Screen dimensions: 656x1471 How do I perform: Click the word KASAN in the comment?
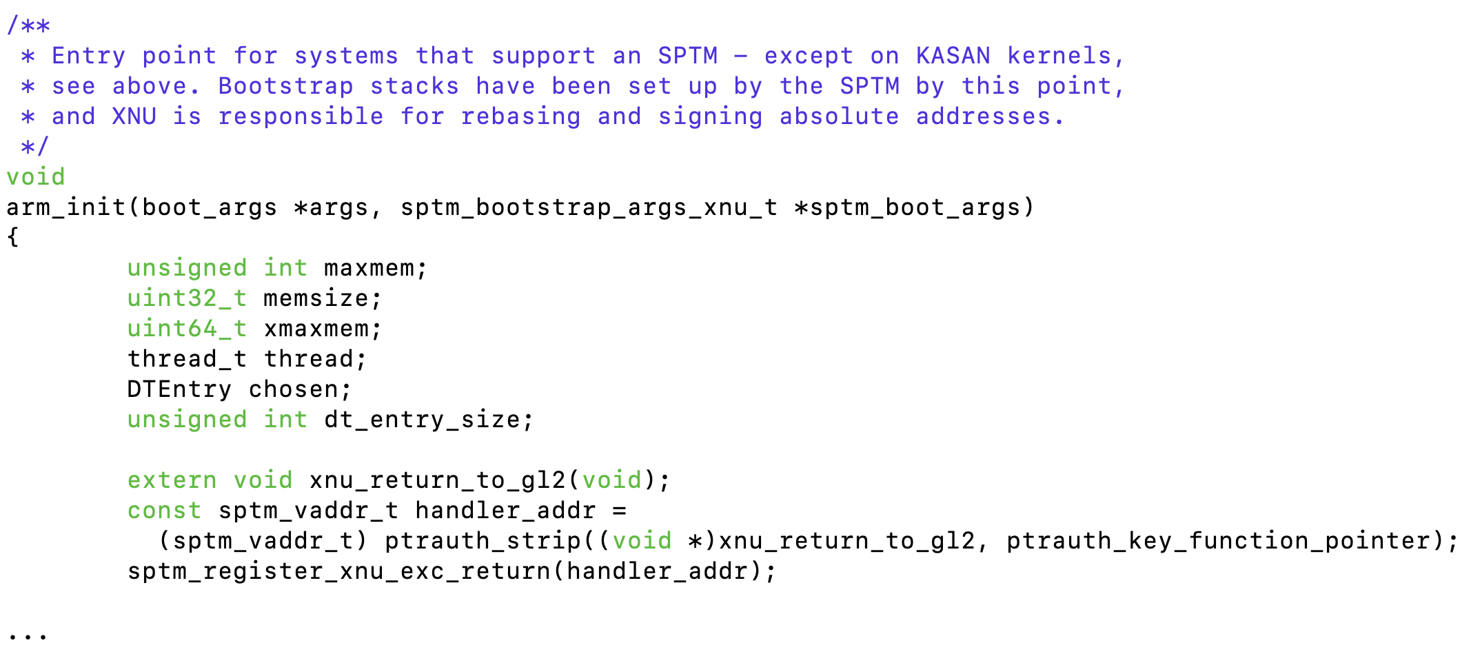click(x=953, y=56)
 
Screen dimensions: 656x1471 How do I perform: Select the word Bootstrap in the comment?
click(x=285, y=86)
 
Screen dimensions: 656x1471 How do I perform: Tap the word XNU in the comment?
click(x=134, y=116)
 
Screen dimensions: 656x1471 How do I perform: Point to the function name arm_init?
click(x=66, y=207)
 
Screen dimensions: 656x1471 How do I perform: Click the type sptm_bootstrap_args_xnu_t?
click(x=589, y=207)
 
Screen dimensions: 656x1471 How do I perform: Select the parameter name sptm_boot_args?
click(x=915, y=207)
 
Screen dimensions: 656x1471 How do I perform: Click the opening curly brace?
click(x=12, y=238)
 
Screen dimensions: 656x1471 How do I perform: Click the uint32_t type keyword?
click(x=187, y=298)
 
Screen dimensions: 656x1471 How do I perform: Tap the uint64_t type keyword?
click(x=187, y=329)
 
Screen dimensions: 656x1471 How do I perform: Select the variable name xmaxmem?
click(x=316, y=329)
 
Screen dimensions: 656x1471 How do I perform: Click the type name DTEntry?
click(x=179, y=389)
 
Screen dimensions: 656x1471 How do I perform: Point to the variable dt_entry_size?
click(x=422, y=420)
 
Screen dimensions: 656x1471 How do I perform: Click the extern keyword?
click(x=172, y=480)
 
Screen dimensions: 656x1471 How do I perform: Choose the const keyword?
click(x=164, y=511)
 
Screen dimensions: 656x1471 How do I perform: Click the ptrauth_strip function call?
click(x=483, y=541)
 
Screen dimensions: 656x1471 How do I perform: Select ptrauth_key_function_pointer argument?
click(x=1217, y=541)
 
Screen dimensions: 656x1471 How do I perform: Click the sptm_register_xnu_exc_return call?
click(x=339, y=571)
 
